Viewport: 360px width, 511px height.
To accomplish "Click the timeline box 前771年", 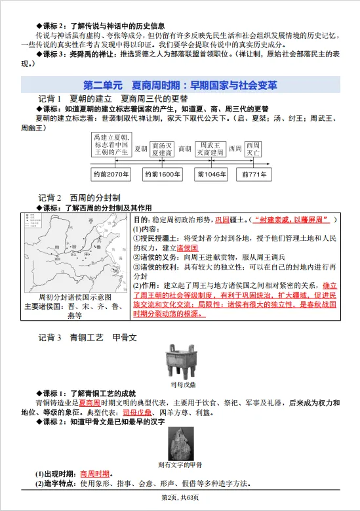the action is coord(254,174).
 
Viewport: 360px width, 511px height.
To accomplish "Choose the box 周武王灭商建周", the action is coord(212,149).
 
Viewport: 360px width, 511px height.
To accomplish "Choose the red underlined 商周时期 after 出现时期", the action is coord(94,473).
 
